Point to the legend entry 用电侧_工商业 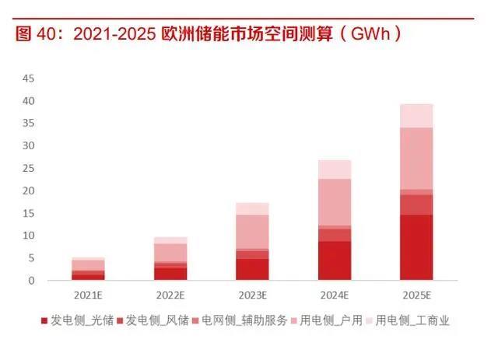tap(413, 320)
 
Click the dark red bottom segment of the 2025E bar tap(416, 247)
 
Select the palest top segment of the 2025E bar tap(416, 116)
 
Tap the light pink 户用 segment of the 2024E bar tap(335, 202)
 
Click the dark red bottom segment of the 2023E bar tap(252, 269)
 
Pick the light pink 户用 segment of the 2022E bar tap(170, 253)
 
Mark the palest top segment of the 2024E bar tap(335, 170)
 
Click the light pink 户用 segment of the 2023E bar tap(252, 232)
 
